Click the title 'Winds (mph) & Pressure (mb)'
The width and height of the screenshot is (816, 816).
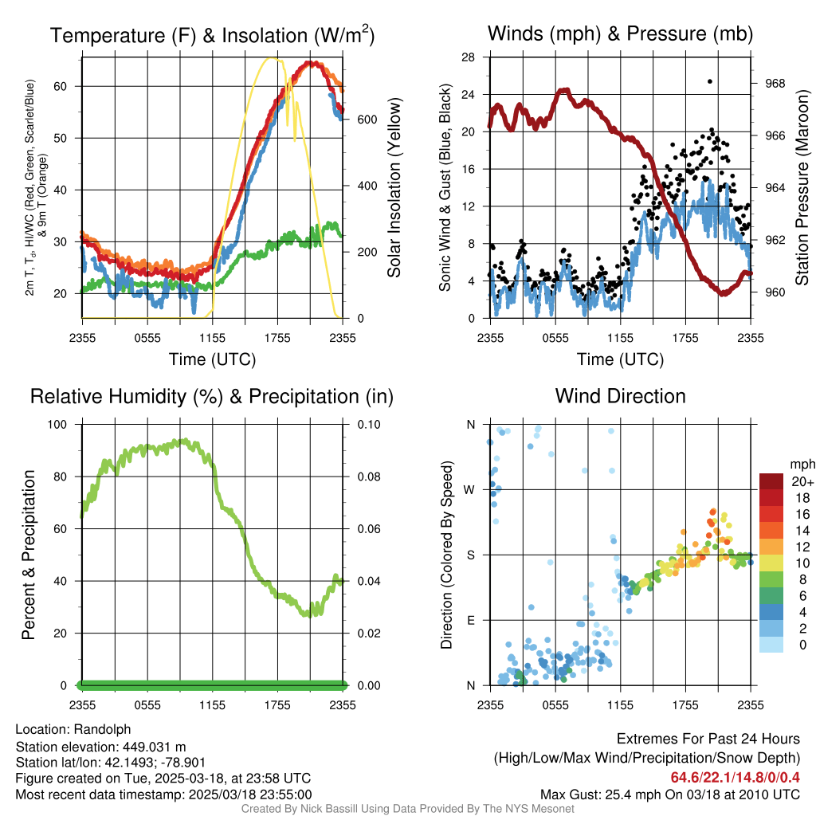pyautogui.click(x=620, y=33)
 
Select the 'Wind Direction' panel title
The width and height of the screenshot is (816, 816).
pyautogui.click(x=620, y=396)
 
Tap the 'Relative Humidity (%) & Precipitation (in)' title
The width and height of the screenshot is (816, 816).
pyautogui.click(x=212, y=396)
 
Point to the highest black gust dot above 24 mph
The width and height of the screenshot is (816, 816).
pyautogui.click(x=709, y=81)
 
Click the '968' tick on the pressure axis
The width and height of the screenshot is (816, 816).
pyautogui.click(x=775, y=83)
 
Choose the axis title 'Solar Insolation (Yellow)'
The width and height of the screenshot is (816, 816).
pyautogui.click(x=394, y=187)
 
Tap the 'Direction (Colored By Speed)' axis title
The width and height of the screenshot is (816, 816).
pyautogui.click(x=446, y=555)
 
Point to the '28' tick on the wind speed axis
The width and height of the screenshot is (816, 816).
pyautogui.click(x=469, y=57)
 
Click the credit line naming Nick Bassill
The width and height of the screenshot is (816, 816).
pyautogui.click(x=407, y=809)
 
